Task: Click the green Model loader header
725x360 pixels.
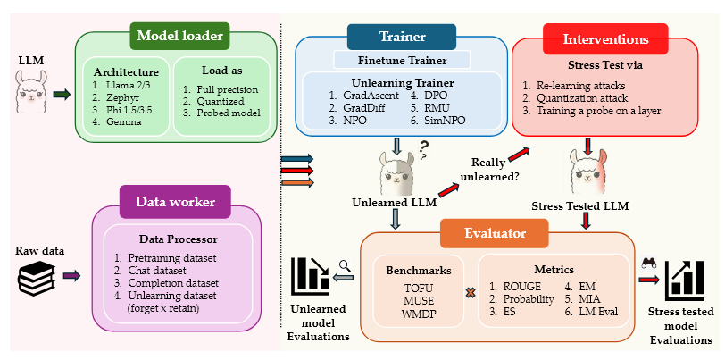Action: [x=179, y=36]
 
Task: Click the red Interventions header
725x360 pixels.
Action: [x=605, y=38]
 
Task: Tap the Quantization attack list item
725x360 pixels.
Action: [x=581, y=99]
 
